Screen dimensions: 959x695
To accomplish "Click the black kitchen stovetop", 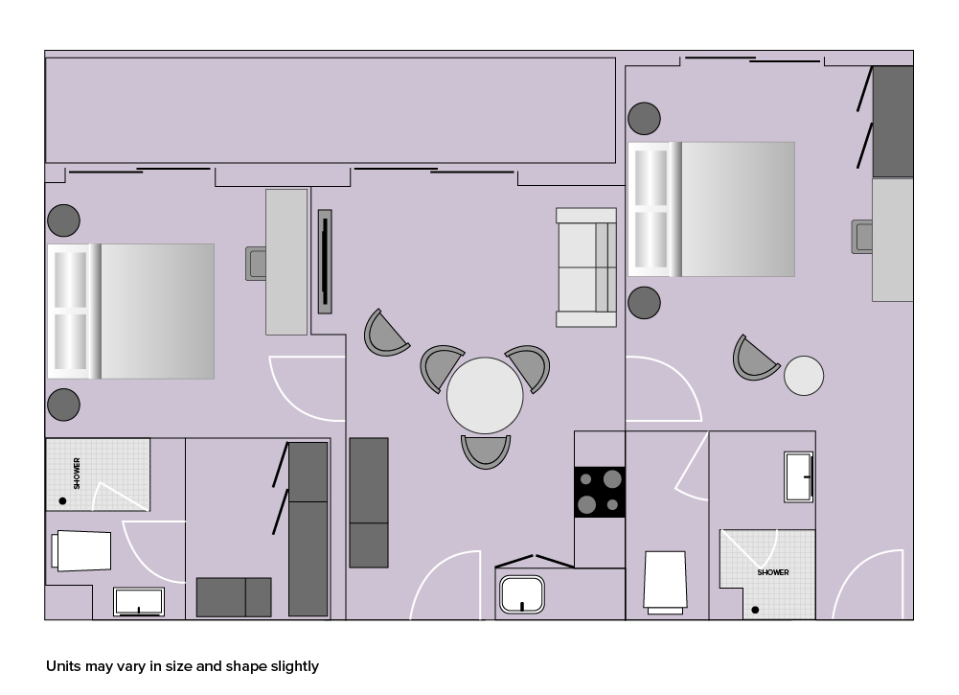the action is [600, 492].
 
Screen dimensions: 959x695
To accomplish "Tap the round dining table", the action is [485, 395].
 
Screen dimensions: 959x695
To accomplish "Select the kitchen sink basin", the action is [522, 594].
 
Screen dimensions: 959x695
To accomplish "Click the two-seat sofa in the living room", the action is [586, 267].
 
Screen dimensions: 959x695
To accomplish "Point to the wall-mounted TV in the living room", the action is [325, 262].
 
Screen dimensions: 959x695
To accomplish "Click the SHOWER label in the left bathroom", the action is [77, 473].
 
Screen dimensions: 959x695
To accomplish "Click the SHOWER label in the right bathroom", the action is [773, 572].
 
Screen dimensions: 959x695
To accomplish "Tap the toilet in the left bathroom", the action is [81, 550].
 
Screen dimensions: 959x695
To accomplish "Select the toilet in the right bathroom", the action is [665, 582].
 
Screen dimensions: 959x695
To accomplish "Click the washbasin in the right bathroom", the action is [799, 476].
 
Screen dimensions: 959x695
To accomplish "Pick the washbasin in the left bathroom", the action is [139, 601].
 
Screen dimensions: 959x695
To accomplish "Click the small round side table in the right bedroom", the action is [804, 376].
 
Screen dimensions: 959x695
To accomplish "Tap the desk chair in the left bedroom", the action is [256, 264].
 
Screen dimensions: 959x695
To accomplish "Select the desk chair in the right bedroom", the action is [862, 237].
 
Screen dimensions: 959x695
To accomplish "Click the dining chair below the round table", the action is [486, 452].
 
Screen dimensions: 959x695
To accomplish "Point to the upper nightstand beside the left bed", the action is [63, 220].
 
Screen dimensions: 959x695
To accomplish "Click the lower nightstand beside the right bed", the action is [644, 302].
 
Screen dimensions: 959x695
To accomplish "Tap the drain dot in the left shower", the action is [62, 501].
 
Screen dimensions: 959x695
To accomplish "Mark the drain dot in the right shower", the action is [755, 610].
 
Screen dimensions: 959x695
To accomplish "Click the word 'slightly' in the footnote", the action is [295, 666].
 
